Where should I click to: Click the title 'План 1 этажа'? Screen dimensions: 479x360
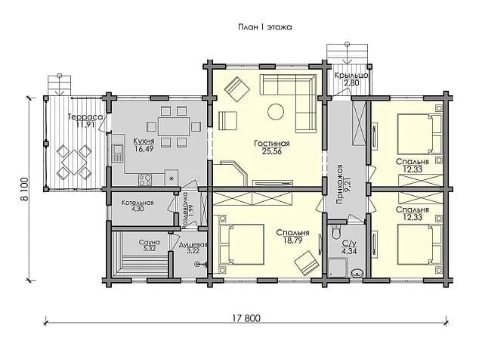[x=265, y=27]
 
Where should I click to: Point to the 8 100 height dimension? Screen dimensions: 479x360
[x=24, y=189]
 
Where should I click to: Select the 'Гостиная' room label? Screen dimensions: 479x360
[x=272, y=144]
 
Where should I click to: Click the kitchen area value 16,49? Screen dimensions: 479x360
[x=144, y=149]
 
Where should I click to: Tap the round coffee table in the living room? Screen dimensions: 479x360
[x=276, y=112]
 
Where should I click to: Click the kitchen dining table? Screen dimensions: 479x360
[x=174, y=126]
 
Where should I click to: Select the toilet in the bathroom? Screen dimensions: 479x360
[x=335, y=232]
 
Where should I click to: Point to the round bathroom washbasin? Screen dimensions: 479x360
[x=357, y=273]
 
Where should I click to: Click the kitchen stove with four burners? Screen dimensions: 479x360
[x=145, y=180]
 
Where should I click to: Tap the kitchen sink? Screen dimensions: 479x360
[x=118, y=154]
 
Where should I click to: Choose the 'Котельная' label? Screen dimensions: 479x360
[x=138, y=203]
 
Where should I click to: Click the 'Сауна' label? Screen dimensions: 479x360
[x=149, y=243]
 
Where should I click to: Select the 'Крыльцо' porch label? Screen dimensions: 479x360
[x=351, y=75]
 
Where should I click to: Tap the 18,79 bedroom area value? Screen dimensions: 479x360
[x=292, y=241]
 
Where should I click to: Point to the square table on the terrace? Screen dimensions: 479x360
[x=73, y=162]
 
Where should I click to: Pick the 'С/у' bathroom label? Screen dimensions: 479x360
[x=349, y=244]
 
